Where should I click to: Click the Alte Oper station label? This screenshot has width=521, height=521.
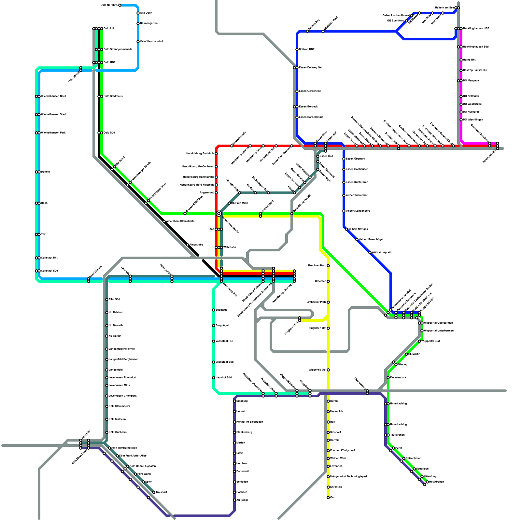pos(146,13)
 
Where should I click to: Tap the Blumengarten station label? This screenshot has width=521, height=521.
pos(149,23)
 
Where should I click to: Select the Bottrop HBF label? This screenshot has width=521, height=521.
pos(306,49)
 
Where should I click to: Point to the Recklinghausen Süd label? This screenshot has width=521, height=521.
pos(476,47)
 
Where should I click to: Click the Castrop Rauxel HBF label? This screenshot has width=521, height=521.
pos(475,70)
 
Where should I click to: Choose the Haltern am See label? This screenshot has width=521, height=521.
pos(444,7)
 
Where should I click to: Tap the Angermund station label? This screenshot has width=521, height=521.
pos(207,193)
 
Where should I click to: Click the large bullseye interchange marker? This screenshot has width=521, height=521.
pos(219,214)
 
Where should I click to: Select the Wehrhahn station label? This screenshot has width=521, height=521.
pos(230,247)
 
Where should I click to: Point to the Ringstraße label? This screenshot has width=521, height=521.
pos(196,245)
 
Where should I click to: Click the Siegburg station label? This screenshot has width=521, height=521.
pos(242,401)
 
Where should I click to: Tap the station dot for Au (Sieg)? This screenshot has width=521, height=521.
pos(234,500)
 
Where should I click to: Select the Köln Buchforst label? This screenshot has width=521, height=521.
pos(118,432)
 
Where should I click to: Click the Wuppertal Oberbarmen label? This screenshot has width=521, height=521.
pos(438,323)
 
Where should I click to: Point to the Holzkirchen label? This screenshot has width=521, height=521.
pos(436,482)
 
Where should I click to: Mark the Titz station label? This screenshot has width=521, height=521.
pos(43,234)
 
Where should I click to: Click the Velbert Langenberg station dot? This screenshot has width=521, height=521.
pos(344,211)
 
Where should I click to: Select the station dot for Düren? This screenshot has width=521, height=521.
pos(328,401)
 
